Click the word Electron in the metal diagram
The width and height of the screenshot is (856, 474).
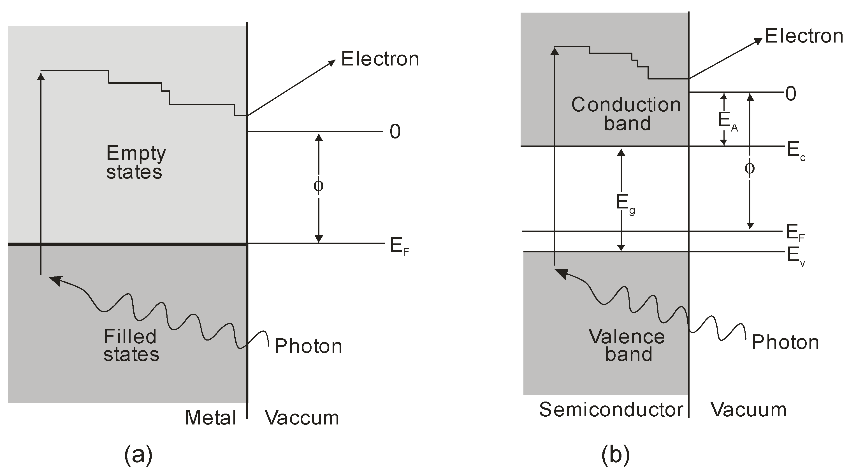click(380, 59)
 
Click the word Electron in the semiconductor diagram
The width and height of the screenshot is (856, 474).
click(804, 36)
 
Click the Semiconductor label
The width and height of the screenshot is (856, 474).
click(611, 410)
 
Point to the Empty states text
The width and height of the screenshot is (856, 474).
click(135, 163)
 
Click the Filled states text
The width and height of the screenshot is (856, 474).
click(131, 345)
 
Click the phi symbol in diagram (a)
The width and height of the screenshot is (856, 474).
click(318, 186)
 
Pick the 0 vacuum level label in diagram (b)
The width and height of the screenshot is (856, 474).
click(791, 94)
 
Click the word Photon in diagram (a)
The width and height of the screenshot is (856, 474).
click(308, 346)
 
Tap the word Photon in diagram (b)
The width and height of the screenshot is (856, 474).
click(785, 342)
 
